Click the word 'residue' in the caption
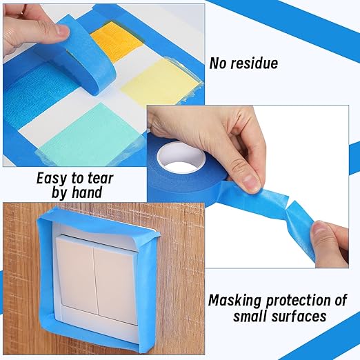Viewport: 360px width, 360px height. pyautogui.click(x=254, y=63)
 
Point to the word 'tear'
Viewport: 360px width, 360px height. pyautogui.click(x=101, y=178)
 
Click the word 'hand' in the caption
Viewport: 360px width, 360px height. pyautogui.click(x=87, y=192)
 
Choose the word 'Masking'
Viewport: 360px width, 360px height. pyautogui.click(x=235, y=301)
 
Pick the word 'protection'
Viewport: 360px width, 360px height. pyautogui.click(x=299, y=301)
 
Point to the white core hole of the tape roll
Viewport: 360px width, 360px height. pyautogui.click(x=181, y=158)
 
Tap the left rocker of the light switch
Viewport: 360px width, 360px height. pyautogui.click(x=77, y=274)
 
